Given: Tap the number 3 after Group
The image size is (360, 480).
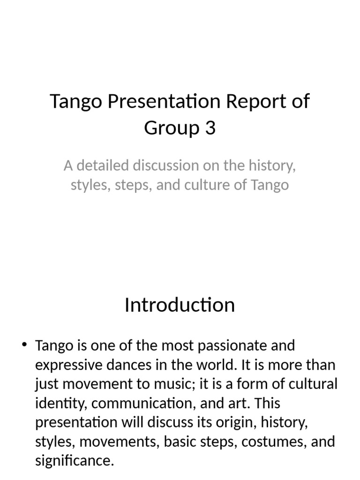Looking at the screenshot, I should (210, 127).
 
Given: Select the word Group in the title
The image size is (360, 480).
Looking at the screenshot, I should (170, 127).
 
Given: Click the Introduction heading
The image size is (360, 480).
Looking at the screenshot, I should (180, 305).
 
